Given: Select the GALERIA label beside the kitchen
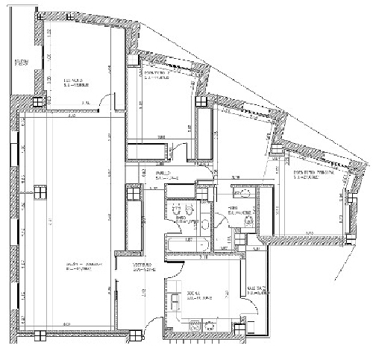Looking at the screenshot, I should (257, 291).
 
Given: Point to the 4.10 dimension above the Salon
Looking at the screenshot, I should (71, 116).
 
